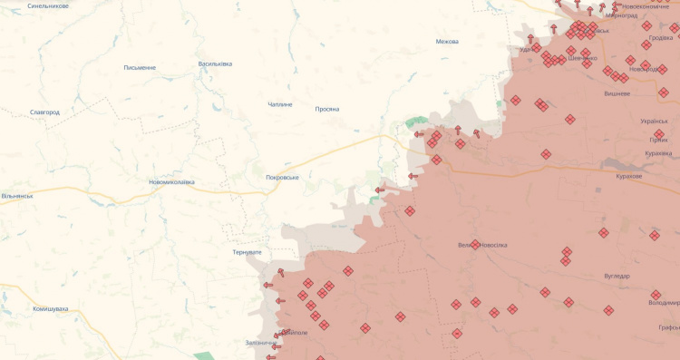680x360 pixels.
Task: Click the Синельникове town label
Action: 47,5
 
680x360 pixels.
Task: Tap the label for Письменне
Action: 140,67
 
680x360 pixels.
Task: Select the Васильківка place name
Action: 215,63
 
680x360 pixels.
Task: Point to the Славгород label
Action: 44,112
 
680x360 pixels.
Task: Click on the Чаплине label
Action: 280,104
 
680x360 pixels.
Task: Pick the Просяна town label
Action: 326,109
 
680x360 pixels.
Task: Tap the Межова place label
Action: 447,42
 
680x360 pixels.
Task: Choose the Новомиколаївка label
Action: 171,181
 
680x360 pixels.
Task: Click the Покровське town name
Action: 282,177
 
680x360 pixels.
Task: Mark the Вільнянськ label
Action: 17,195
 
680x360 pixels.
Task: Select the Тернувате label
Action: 247,251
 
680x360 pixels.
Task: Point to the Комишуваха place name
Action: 51,308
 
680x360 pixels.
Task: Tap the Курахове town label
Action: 628,176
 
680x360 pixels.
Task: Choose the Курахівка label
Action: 657,153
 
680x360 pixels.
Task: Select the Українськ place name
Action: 654,121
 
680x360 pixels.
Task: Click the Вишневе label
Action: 617,93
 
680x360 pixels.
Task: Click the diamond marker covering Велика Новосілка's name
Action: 475,245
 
